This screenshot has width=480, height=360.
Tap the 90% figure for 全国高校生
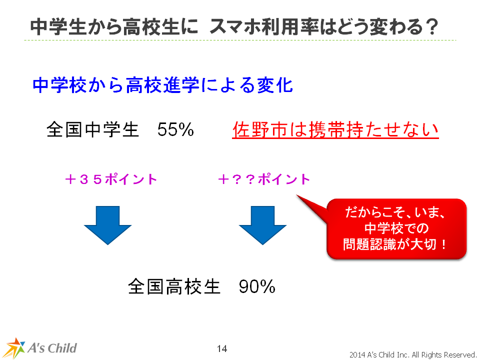[x=257, y=286]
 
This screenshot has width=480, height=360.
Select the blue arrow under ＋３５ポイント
[x=108, y=225]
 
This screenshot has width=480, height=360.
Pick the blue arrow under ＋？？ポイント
[x=262, y=225]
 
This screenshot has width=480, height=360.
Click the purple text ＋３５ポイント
[x=111, y=179]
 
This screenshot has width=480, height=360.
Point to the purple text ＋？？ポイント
[x=264, y=179]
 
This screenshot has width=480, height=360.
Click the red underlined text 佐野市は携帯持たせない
[x=335, y=130]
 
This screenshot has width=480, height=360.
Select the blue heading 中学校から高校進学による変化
[x=162, y=85]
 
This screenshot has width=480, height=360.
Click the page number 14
[x=222, y=348]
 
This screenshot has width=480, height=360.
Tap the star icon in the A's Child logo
[x=14, y=348]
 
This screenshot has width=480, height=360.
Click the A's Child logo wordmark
[x=52, y=348]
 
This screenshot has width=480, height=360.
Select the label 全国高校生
[x=174, y=286]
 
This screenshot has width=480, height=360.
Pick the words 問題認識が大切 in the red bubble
[x=389, y=244]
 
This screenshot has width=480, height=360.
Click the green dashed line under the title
[x=240, y=40]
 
